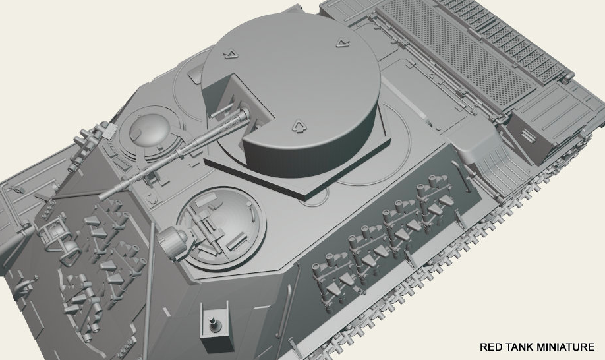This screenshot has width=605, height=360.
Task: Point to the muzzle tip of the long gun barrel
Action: tap(102, 196)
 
